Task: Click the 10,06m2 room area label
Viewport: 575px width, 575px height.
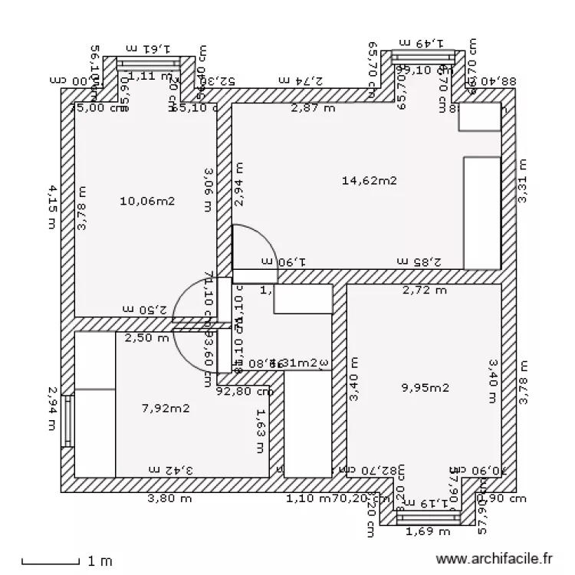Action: (x=148, y=202)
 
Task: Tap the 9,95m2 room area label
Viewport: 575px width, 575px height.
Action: (x=425, y=387)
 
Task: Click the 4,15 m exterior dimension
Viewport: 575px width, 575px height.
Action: (x=52, y=205)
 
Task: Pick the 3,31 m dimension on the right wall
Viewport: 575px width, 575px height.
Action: (x=523, y=181)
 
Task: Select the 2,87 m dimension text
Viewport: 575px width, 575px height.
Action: (x=313, y=108)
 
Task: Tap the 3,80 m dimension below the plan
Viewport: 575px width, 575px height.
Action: (x=169, y=498)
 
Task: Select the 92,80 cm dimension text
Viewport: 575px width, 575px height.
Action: (x=245, y=390)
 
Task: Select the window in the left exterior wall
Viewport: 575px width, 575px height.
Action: (x=67, y=420)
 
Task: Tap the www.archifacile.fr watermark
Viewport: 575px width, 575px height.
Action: (x=494, y=561)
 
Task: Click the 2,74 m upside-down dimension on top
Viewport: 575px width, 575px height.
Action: (x=301, y=80)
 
